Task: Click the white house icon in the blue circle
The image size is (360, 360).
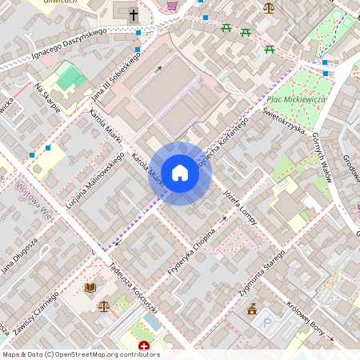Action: point(180,173)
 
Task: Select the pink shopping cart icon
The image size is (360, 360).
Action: point(172,6)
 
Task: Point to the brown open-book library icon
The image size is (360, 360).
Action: point(90,287)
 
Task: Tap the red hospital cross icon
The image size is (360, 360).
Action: point(144,346)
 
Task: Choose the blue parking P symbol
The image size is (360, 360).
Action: point(268,323)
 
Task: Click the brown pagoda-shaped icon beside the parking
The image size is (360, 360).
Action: point(254,310)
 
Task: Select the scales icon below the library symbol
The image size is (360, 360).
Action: point(104,306)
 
